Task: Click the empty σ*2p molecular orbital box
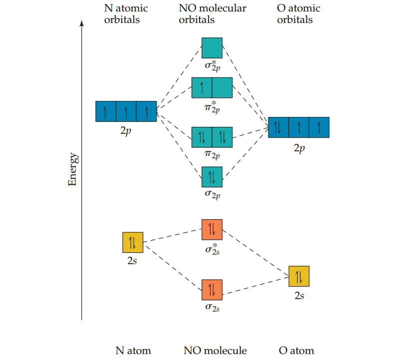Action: pyautogui.click(x=212, y=47)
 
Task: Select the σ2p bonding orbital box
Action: pyautogui.click(x=212, y=177)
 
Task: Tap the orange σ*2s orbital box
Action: pyautogui.click(x=212, y=230)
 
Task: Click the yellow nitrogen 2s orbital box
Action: pyautogui.click(x=133, y=242)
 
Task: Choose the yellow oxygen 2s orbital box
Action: pyautogui.click(x=299, y=276)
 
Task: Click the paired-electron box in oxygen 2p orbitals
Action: pyautogui.click(x=278, y=127)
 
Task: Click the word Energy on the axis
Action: pyautogui.click(x=72, y=170)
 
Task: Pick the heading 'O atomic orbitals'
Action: pyautogui.click(x=298, y=14)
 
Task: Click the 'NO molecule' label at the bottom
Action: pyautogui.click(x=215, y=351)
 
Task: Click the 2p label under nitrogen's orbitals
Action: pyautogui.click(x=126, y=131)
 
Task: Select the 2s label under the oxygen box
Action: pyautogui.click(x=299, y=296)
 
